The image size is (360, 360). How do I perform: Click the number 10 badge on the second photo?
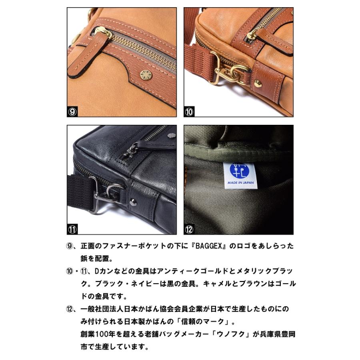point(189,112)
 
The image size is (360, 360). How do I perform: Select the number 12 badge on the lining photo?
point(189,230)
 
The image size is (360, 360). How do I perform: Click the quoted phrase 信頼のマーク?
point(208,322)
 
